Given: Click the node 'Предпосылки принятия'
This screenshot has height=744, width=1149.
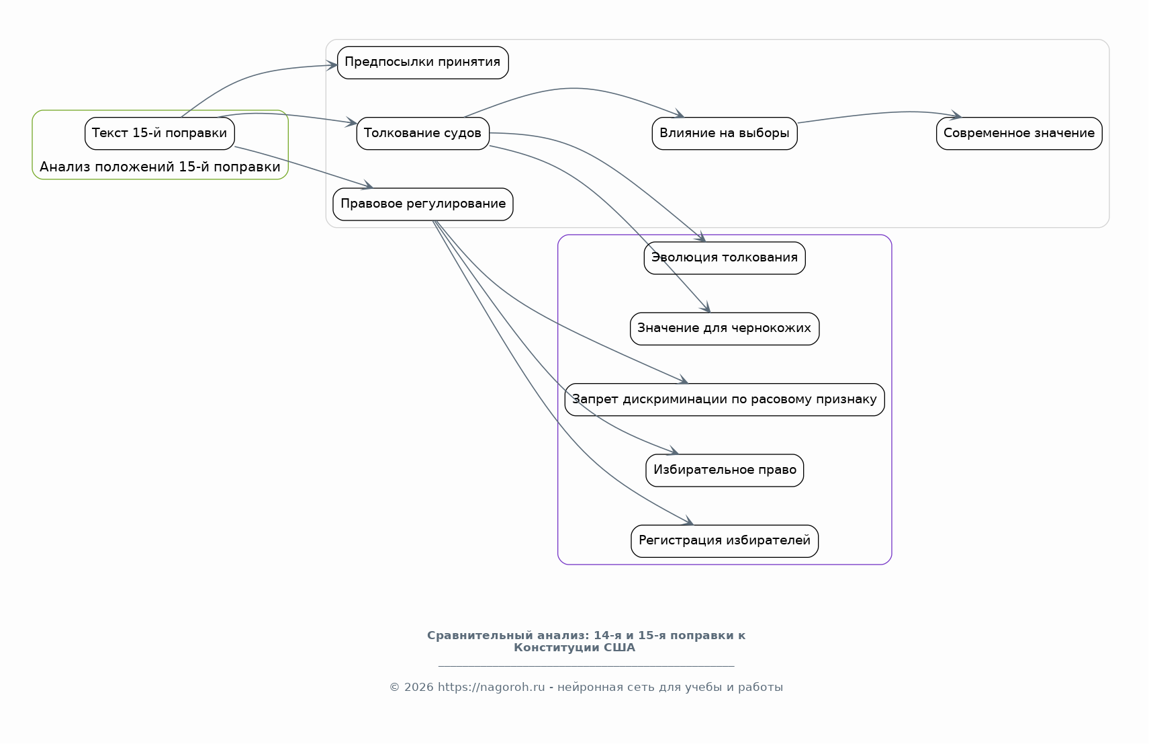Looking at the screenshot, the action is point(422,63).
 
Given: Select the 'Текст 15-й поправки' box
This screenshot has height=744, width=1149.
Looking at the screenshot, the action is point(160,134).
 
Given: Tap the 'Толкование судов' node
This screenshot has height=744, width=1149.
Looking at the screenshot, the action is point(422,134).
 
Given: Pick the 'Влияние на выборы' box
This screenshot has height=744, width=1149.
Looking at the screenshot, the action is point(725,134).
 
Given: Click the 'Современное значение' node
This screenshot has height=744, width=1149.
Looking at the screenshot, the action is point(1019,134).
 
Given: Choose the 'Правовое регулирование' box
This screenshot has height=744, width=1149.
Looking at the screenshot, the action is point(422,204).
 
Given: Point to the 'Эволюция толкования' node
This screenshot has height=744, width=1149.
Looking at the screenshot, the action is point(725,258).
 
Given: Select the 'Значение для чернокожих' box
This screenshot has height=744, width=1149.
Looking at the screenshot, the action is point(725,329).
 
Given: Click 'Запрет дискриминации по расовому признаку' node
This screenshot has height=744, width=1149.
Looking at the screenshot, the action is point(725,400).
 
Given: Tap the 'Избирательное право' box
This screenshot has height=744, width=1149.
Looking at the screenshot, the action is point(725,470).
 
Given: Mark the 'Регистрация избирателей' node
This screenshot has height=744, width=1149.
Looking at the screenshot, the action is point(725,541).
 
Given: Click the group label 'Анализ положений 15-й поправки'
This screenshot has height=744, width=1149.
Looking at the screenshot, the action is point(160,167).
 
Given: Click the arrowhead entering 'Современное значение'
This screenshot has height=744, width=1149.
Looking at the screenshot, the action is point(956,115).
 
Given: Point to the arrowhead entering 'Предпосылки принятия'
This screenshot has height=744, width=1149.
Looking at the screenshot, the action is point(332,65).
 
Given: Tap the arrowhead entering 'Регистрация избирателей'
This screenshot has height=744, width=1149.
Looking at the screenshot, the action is point(688,521).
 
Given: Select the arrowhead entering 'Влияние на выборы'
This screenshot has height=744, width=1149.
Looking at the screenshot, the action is point(679,114).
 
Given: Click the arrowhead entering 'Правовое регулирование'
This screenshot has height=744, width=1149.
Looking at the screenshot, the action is point(368,185).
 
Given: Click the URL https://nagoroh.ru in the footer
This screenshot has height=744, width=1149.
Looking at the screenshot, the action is point(491,688).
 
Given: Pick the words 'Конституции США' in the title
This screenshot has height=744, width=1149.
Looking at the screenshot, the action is point(575,648).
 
